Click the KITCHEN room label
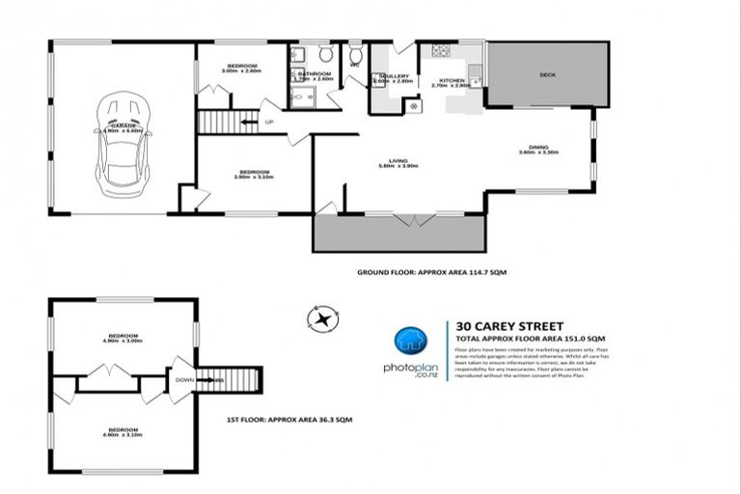(x=453, y=81)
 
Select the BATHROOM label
(x=315, y=74)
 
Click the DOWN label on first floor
(x=184, y=379)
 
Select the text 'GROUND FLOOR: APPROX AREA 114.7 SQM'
(x=431, y=273)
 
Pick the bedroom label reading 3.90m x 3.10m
(x=255, y=174)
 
